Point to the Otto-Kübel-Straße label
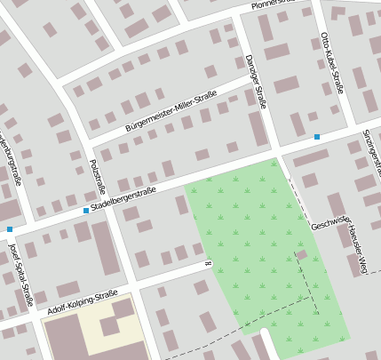click(x=331, y=64)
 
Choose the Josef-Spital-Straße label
click(x=20, y=276)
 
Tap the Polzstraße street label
click(x=97, y=177)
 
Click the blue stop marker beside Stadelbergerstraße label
click(x=85, y=211)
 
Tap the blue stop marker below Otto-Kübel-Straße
click(x=317, y=137)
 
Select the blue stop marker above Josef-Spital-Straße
click(x=10, y=229)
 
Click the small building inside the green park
click(x=301, y=254)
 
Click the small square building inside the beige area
click(x=109, y=326)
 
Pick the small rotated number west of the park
click(x=207, y=263)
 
